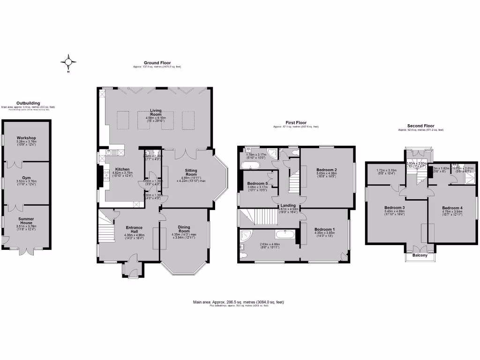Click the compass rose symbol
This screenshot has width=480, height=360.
point(68,62)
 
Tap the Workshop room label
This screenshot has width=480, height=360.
point(26,138)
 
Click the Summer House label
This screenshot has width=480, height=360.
point(26,220)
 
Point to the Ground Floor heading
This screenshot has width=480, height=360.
point(157,63)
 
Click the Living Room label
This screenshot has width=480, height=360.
point(156,112)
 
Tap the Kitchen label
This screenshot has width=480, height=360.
point(122,170)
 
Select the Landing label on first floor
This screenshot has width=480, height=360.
point(287,205)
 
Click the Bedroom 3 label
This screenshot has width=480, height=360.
point(394,207)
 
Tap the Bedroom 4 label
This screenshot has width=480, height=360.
point(452,207)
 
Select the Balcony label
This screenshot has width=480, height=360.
point(420,256)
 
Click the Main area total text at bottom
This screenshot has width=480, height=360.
point(238,302)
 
